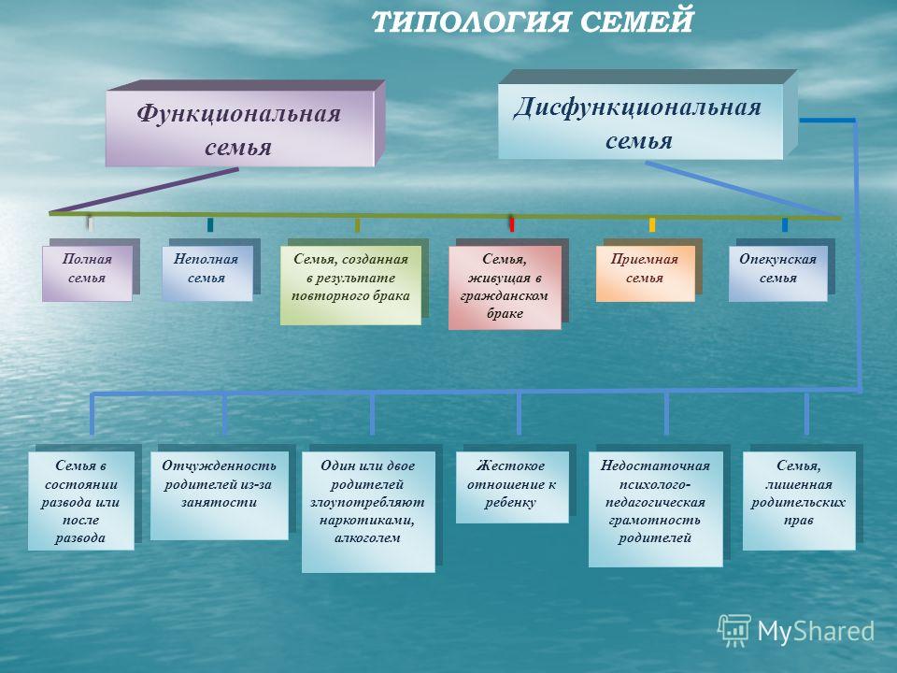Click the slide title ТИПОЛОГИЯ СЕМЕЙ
coord(532,21)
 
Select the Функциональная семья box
coord(240,128)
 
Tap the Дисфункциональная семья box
coord(640,122)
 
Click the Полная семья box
coord(87,273)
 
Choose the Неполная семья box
coord(207,273)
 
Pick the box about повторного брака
coord(350,285)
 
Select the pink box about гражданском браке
coord(505,287)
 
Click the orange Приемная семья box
coord(646,273)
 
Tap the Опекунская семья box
coord(778,273)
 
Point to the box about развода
coord(80,501)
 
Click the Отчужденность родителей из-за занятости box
coord(219,495)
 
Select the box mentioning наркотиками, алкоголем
coord(368,511)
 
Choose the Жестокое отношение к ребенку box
coord(512,487)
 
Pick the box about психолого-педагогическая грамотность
coord(656,508)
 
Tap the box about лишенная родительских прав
coord(799,501)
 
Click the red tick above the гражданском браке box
coord(512,223)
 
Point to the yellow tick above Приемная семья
coord(652,224)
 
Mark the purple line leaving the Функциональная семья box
coord(144,191)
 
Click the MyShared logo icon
coord(734,631)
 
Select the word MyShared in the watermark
coord(816,632)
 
